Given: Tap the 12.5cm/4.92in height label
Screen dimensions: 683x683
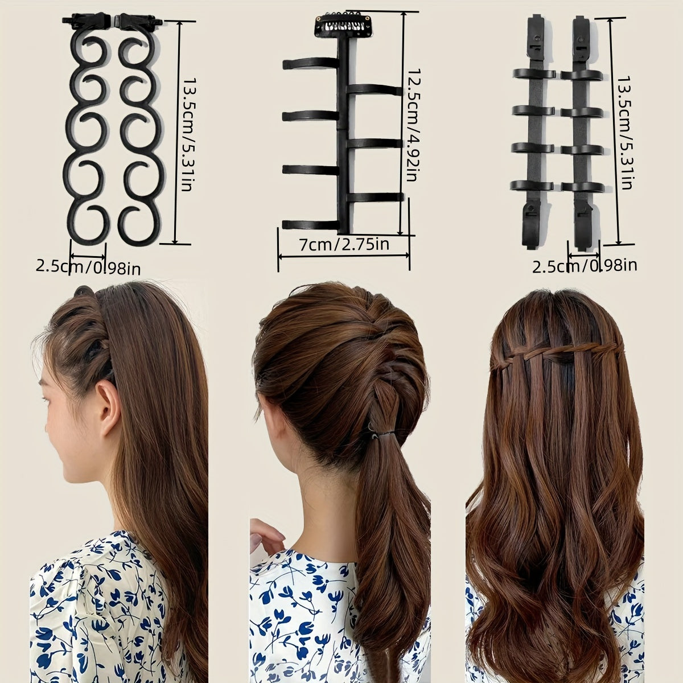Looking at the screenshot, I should (412, 125).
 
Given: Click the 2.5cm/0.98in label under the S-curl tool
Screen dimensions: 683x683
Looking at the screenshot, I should (88, 266).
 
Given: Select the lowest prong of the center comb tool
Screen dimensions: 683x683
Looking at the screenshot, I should (310, 224).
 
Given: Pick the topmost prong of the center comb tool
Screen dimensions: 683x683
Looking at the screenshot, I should (310, 64).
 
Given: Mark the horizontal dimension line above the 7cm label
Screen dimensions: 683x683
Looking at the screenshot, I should (344, 256).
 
